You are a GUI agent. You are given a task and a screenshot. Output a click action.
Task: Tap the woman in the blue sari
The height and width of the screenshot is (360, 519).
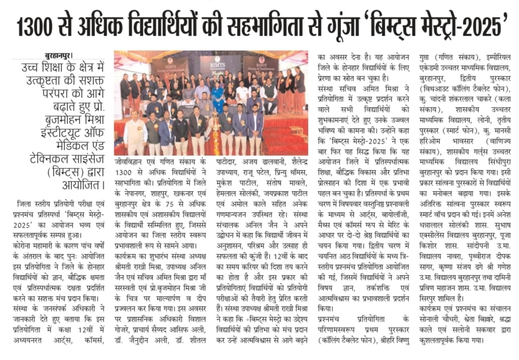pos(218,96)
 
